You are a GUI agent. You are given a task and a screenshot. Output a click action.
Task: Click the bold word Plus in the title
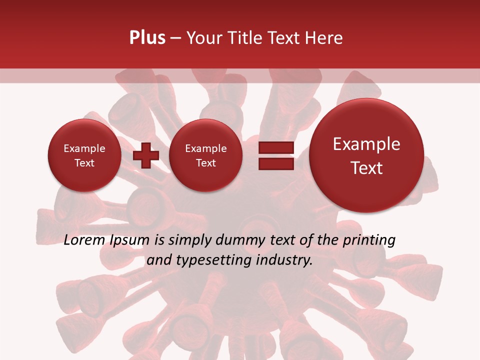pos(147,38)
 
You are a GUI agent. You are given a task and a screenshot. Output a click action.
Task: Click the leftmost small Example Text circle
pos(84,155)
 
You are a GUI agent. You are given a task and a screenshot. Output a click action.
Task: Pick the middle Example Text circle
pos(205,155)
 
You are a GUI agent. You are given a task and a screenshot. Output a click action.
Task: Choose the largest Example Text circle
pos(366,155)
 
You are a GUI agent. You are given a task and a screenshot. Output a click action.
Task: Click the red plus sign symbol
pos(146,155)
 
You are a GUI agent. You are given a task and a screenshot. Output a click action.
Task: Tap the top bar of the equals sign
pos(275,147)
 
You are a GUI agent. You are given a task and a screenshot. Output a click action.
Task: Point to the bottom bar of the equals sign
pos(275,163)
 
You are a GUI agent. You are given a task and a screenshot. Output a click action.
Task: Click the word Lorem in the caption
pos(84,240)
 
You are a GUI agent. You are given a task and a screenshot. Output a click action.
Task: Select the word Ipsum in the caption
pos(129,240)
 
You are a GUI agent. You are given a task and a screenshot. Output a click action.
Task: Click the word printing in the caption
pos(368,240)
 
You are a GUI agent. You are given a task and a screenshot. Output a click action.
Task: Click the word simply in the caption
pos(189,240)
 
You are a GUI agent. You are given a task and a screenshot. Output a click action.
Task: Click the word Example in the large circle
pos(366,144)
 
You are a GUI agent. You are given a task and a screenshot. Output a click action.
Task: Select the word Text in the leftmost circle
pos(84,163)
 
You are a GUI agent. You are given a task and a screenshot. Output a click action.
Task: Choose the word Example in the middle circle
pos(205,148)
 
